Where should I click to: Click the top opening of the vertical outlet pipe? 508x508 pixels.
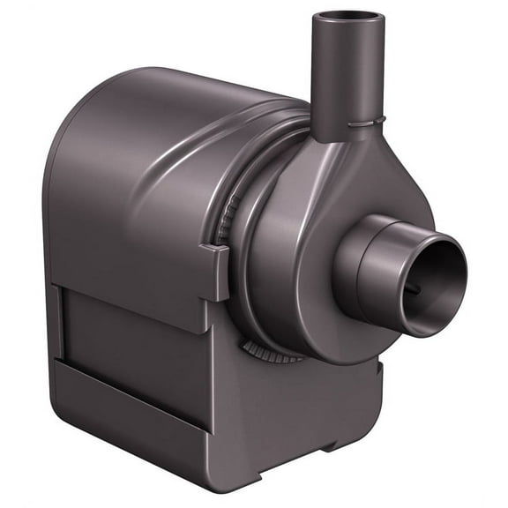click(x=351, y=17)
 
